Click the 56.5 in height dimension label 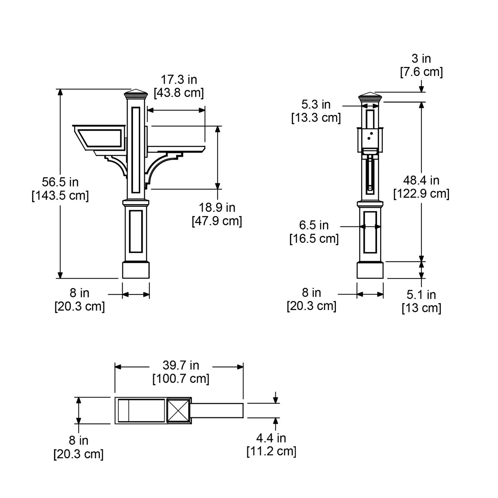(x=60, y=182)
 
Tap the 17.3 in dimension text (x=179, y=80)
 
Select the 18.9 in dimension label (x=217, y=208)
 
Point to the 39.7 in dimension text (x=181, y=365)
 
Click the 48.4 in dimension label (x=421, y=181)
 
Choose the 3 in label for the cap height (x=421, y=59)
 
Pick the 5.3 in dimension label (x=316, y=105)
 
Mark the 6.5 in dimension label (x=314, y=225)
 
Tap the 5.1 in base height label (x=421, y=295)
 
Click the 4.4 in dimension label (x=271, y=438)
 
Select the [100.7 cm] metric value (x=181, y=379)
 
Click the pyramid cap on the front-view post (x=136, y=93)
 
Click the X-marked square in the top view (x=179, y=411)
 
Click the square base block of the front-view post (x=136, y=270)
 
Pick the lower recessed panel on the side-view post (x=370, y=232)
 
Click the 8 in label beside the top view (x=78, y=441)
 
